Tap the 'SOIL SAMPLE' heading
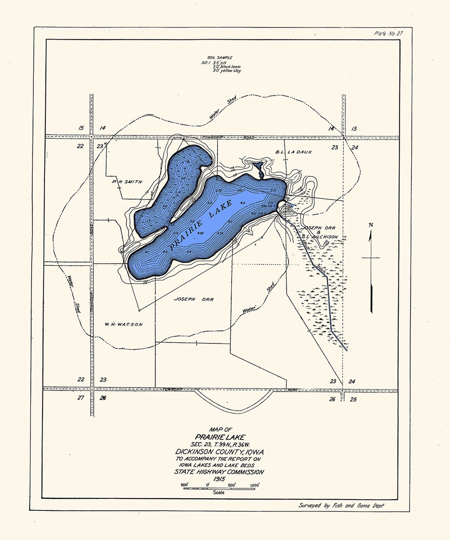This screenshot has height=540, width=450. [220, 57]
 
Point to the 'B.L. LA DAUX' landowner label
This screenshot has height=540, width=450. [293, 152]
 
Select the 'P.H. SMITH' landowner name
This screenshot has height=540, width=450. [127, 182]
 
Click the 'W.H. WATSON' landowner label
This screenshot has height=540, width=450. [124, 324]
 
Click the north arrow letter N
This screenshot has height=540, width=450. [371, 225]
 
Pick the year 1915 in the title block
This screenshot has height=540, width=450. [219, 479]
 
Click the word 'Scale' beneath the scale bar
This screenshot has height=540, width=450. [219, 492]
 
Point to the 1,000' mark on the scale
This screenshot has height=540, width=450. [255, 485]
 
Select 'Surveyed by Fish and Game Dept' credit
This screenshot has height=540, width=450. [341, 505]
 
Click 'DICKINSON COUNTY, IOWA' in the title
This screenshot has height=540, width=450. [219, 452]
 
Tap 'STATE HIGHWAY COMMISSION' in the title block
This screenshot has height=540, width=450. [219, 472]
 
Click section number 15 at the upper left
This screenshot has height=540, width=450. [81, 128]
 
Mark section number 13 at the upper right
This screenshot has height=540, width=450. [354, 129]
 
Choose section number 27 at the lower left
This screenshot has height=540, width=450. [81, 397]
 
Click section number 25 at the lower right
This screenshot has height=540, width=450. [353, 399]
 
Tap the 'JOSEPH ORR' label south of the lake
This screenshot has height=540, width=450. [193, 299]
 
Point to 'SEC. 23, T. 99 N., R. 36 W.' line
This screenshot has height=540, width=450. [219, 444]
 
